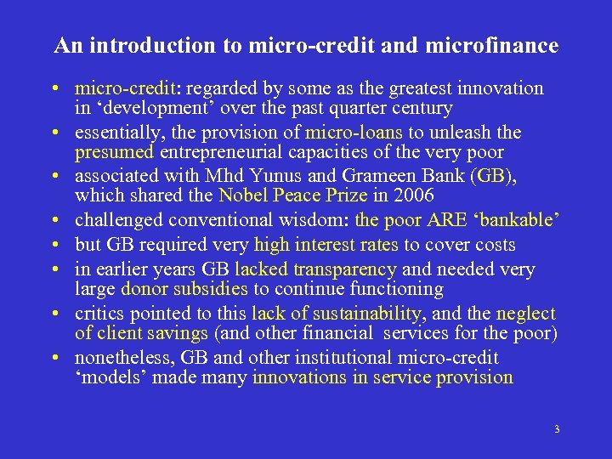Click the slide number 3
556,429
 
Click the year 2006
414,196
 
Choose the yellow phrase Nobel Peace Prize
292,196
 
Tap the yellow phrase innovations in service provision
382,378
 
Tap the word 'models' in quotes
110,378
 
